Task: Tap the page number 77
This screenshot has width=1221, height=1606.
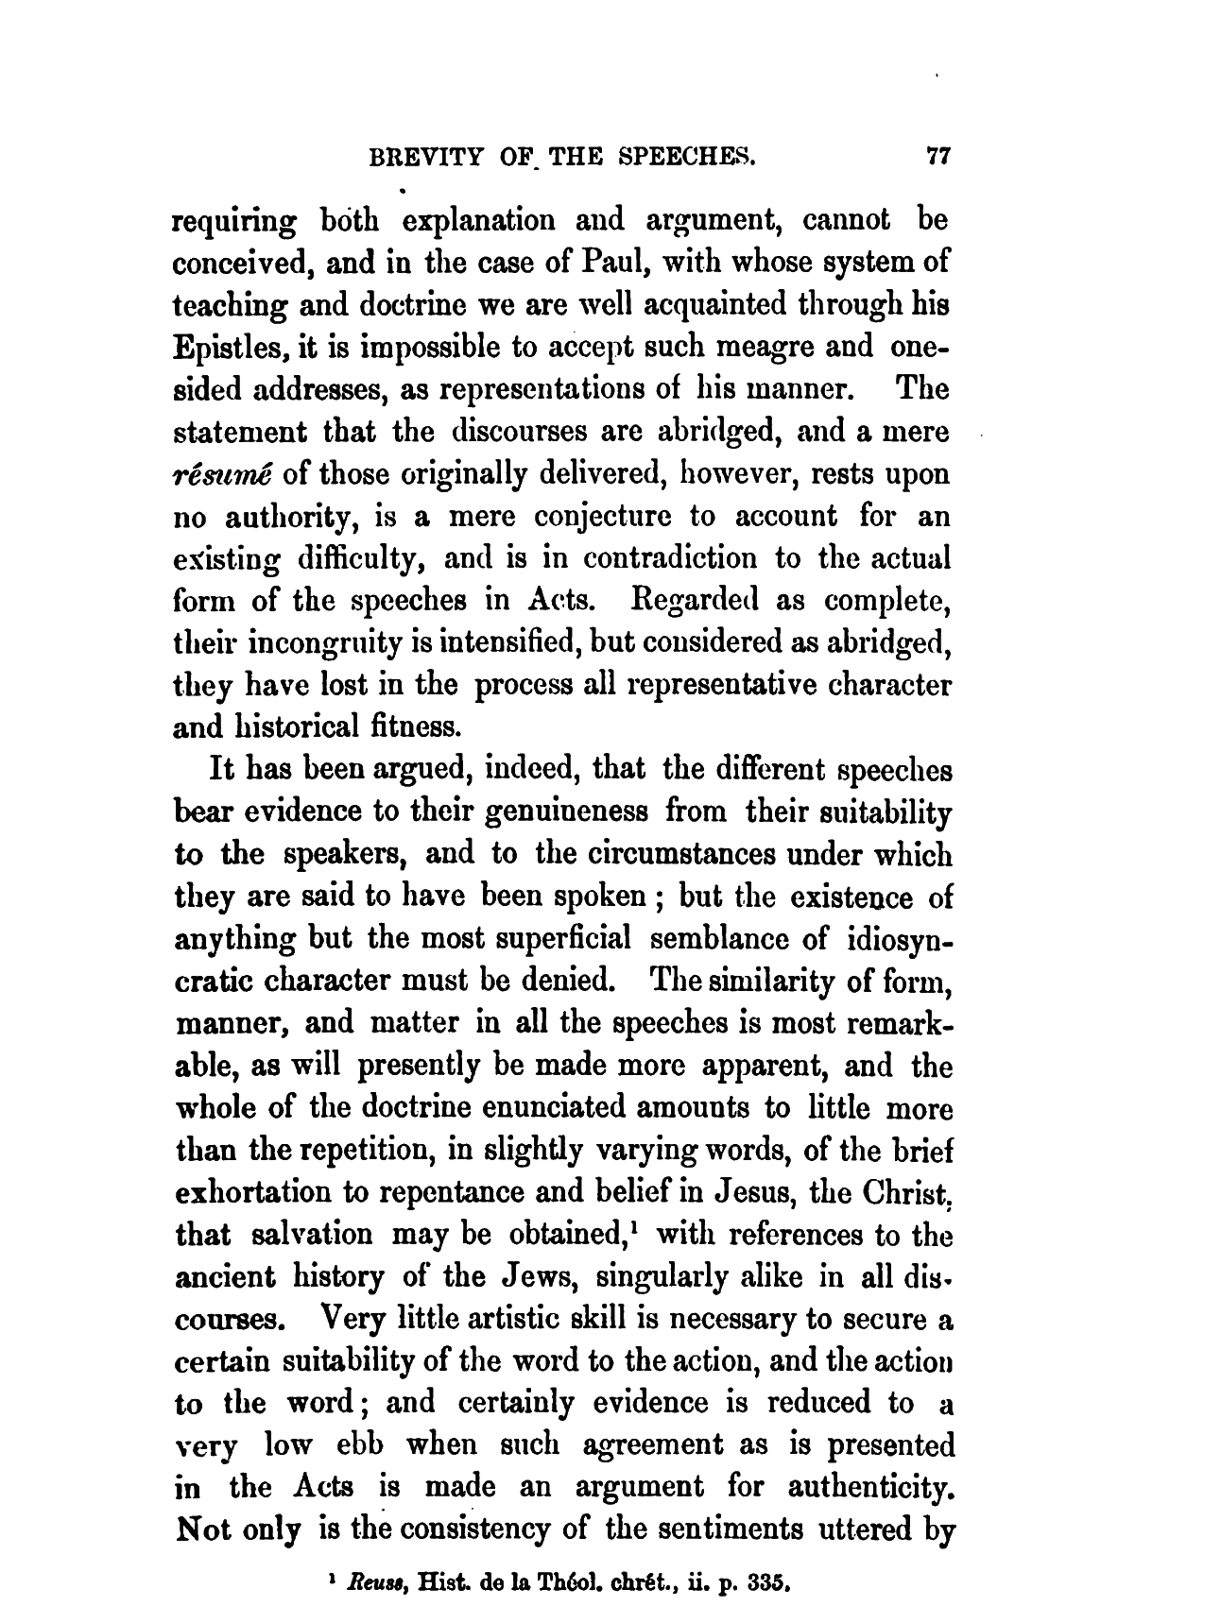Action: click(936, 158)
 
